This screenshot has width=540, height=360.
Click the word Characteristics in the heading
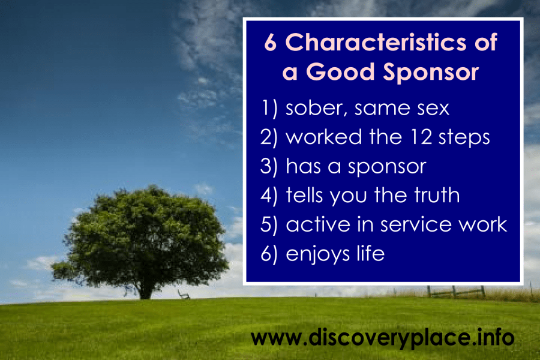376,42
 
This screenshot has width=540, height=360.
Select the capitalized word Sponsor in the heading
431,73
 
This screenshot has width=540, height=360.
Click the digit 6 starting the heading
271,43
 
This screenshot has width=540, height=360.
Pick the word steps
464,138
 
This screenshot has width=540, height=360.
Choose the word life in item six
371,253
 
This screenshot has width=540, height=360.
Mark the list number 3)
269,166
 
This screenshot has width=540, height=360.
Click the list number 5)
269,225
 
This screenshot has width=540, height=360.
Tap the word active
318,224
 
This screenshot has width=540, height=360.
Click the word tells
305,195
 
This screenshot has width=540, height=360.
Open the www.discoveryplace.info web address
383,338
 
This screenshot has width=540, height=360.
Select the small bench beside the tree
184,295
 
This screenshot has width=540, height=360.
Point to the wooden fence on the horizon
456,292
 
